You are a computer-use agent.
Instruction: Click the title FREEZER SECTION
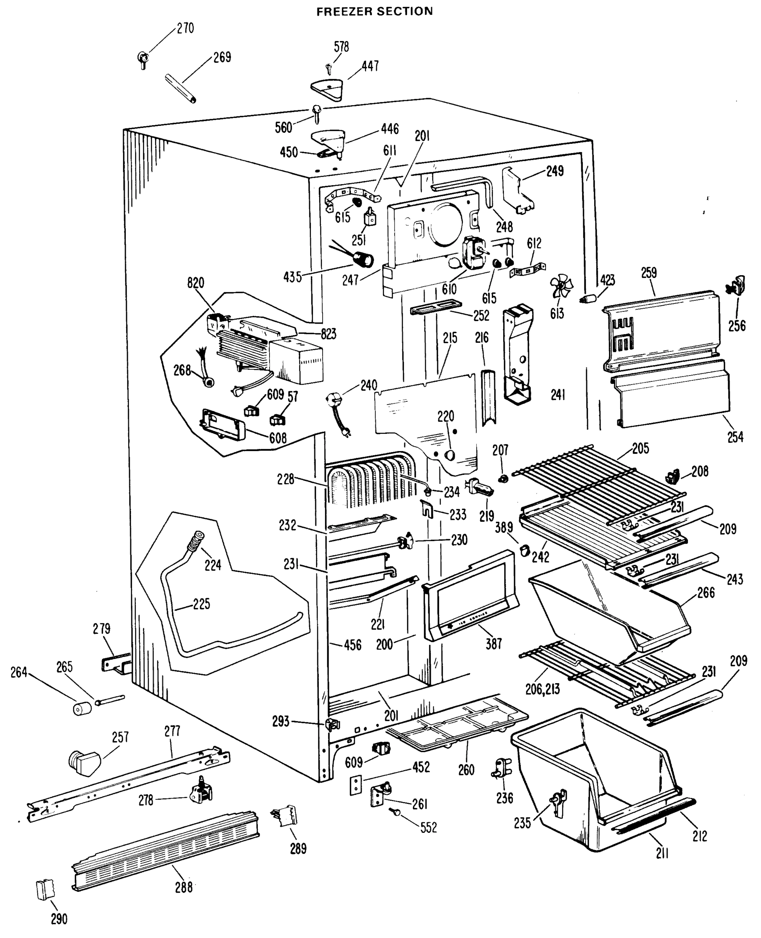tap(374, 11)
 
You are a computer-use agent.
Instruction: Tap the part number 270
tap(185, 29)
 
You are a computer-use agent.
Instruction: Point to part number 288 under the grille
tap(184, 887)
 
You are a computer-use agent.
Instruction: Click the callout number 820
tap(195, 283)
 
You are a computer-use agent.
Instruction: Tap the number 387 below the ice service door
tap(494, 644)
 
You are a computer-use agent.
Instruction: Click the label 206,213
tap(543, 689)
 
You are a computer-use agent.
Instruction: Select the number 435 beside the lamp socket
tap(292, 277)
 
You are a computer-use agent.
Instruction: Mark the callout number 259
tap(649, 273)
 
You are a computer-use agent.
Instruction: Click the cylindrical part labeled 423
tap(588, 299)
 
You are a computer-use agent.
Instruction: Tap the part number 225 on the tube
tap(201, 604)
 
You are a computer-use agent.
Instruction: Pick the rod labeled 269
tap(180, 89)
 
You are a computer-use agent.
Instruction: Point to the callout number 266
tap(706, 593)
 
